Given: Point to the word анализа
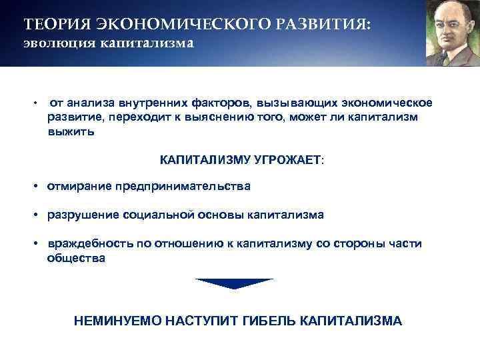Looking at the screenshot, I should (91, 103).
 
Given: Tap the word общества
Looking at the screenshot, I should (76, 258).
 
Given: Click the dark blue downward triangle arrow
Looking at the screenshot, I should (235, 283).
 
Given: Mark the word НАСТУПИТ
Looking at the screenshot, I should (195, 321).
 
